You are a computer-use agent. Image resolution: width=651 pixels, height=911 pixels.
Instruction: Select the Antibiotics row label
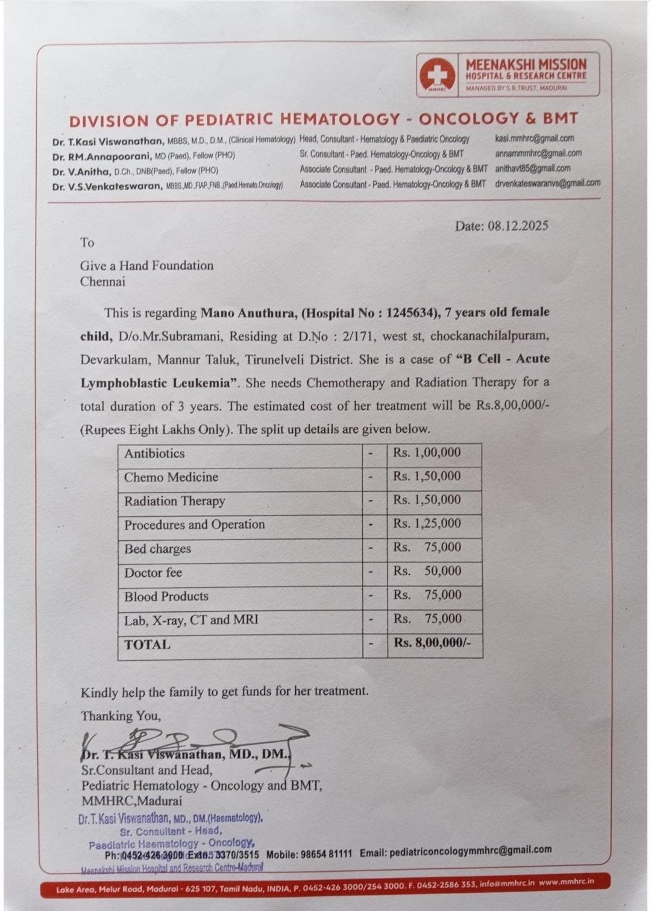pos(154,453)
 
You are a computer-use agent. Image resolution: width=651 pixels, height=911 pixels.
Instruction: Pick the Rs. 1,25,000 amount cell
pos(427,523)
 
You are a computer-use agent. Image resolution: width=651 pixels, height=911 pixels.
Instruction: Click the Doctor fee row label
pos(153,573)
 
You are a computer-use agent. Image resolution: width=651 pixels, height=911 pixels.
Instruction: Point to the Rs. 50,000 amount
pos(427,571)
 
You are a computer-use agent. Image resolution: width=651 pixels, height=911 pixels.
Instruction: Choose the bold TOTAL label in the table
pos(147,645)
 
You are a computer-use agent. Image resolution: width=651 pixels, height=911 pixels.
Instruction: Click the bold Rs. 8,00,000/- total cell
pos(432,643)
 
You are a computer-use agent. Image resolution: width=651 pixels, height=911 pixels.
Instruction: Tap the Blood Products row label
pos(166,596)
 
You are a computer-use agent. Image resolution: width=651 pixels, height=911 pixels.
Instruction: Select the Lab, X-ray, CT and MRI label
pos(191,620)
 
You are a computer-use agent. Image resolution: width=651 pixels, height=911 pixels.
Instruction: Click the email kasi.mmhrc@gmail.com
pos(534,139)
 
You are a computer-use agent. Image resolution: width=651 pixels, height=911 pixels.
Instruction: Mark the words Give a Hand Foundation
pos(146,265)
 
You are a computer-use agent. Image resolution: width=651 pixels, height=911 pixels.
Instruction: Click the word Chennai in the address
pos(102,281)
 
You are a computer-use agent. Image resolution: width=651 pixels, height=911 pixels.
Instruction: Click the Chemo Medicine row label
pos(171,477)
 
